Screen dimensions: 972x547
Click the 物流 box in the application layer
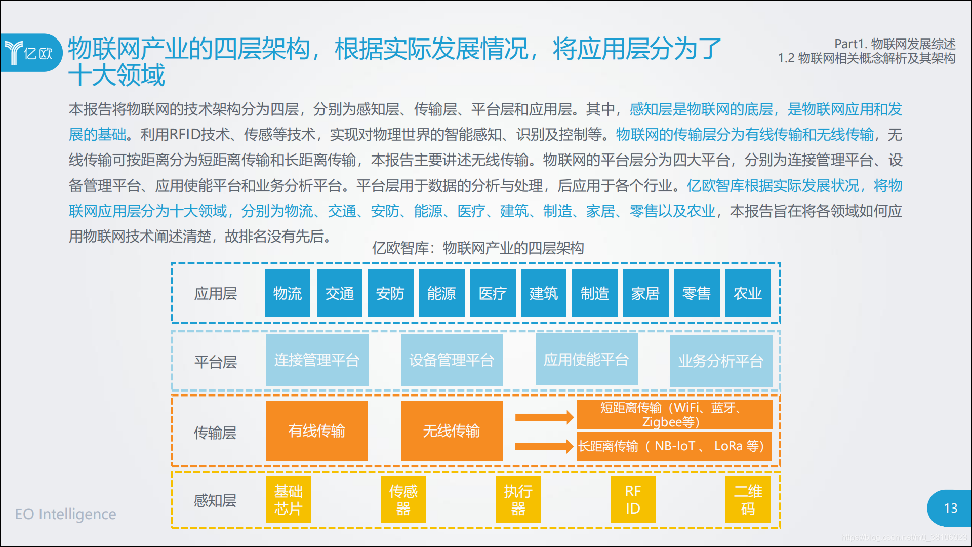(x=288, y=293)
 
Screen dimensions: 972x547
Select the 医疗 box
(x=493, y=293)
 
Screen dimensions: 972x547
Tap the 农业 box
(x=748, y=293)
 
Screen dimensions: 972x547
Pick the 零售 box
(x=697, y=293)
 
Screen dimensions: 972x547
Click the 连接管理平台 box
(x=317, y=360)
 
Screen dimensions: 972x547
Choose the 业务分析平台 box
(x=721, y=361)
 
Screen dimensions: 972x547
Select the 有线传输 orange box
(x=317, y=431)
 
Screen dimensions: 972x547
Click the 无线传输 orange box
(x=452, y=431)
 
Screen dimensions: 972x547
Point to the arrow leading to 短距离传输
(x=544, y=417)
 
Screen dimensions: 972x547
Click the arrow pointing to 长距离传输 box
(x=544, y=446)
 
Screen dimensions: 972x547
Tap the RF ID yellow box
(x=633, y=499)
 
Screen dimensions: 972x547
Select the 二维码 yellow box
(x=748, y=499)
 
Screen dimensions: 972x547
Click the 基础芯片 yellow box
(x=289, y=499)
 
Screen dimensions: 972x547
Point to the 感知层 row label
(x=215, y=501)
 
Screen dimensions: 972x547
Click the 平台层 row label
(x=215, y=362)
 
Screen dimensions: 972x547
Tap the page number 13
(x=951, y=508)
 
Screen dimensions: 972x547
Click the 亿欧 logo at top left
(x=31, y=53)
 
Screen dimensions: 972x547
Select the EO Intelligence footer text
(x=66, y=514)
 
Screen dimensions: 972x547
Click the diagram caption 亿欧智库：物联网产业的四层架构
(x=478, y=248)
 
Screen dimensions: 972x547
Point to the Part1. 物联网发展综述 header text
(x=895, y=44)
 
